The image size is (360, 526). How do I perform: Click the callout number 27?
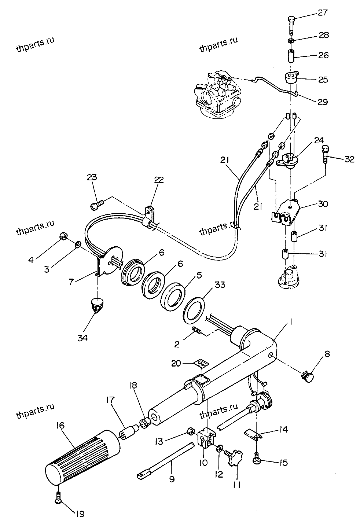(322, 13)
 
